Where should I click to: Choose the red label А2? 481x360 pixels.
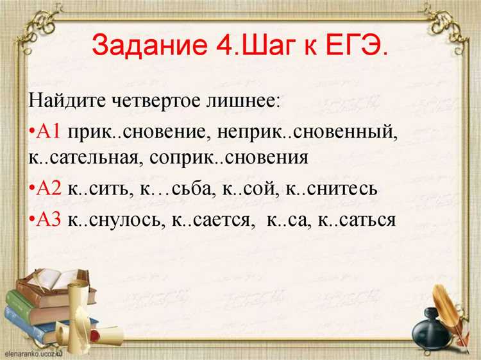pyautogui.click(x=49, y=189)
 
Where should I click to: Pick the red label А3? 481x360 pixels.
pyautogui.click(x=49, y=219)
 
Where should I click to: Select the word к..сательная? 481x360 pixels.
pyautogui.click(x=85, y=158)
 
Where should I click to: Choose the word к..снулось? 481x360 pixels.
pyautogui.click(x=116, y=219)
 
